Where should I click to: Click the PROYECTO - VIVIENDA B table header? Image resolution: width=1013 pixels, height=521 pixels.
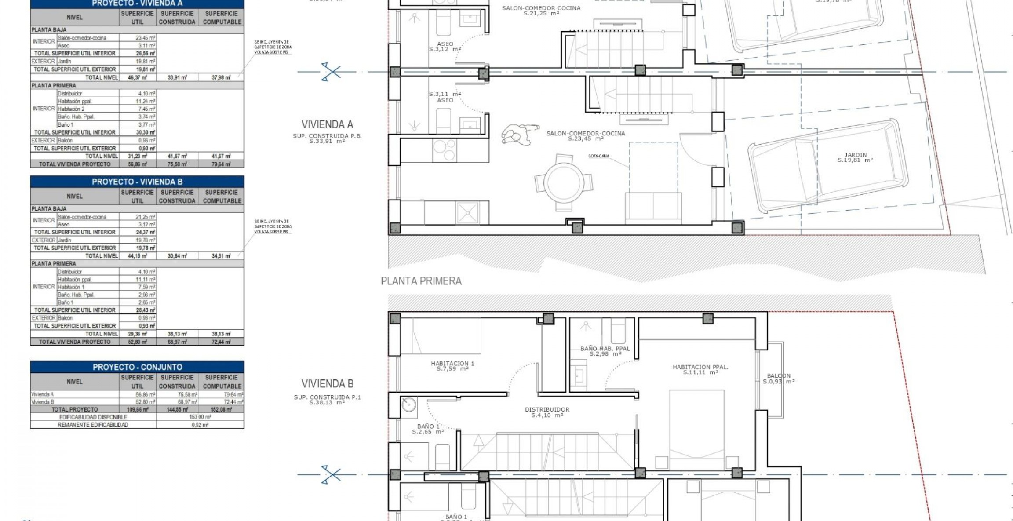click(x=137, y=182)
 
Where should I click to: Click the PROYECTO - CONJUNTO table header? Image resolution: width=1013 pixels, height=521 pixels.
click(x=137, y=367)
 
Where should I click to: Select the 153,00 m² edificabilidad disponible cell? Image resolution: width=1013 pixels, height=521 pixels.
click(x=200, y=417)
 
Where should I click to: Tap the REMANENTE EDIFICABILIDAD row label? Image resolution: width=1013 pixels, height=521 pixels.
click(x=93, y=425)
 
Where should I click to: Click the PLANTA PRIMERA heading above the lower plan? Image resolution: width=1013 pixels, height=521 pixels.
click(x=421, y=281)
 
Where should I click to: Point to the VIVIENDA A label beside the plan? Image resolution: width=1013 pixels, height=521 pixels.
click(x=327, y=124)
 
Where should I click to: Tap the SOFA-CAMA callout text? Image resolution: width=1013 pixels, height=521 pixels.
click(x=599, y=156)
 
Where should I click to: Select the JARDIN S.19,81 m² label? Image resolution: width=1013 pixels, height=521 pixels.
click(x=855, y=157)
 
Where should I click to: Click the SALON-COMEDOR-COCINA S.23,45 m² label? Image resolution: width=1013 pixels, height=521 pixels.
click(x=585, y=135)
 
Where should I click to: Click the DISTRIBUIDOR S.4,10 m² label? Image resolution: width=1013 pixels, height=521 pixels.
click(x=547, y=412)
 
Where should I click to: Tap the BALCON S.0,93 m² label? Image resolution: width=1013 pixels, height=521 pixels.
click(x=779, y=379)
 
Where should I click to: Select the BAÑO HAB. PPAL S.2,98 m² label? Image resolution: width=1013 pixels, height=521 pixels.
click(x=605, y=351)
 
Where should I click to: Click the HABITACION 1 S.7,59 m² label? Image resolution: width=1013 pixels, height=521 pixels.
click(x=452, y=366)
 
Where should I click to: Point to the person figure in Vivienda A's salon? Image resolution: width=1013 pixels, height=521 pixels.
click(x=519, y=135)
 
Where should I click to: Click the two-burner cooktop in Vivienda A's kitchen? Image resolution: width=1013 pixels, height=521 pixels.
click(x=445, y=150)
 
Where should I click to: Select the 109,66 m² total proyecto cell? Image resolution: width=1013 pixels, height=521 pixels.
click(x=137, y=409)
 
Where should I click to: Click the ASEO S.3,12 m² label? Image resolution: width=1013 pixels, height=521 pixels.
click(x=445, y=47)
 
